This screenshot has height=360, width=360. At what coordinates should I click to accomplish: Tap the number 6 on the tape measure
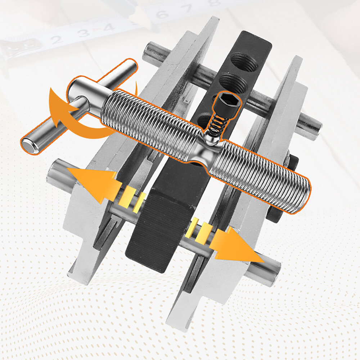pos(162,14)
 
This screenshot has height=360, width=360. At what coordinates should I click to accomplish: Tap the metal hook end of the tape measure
pos(14,50)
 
